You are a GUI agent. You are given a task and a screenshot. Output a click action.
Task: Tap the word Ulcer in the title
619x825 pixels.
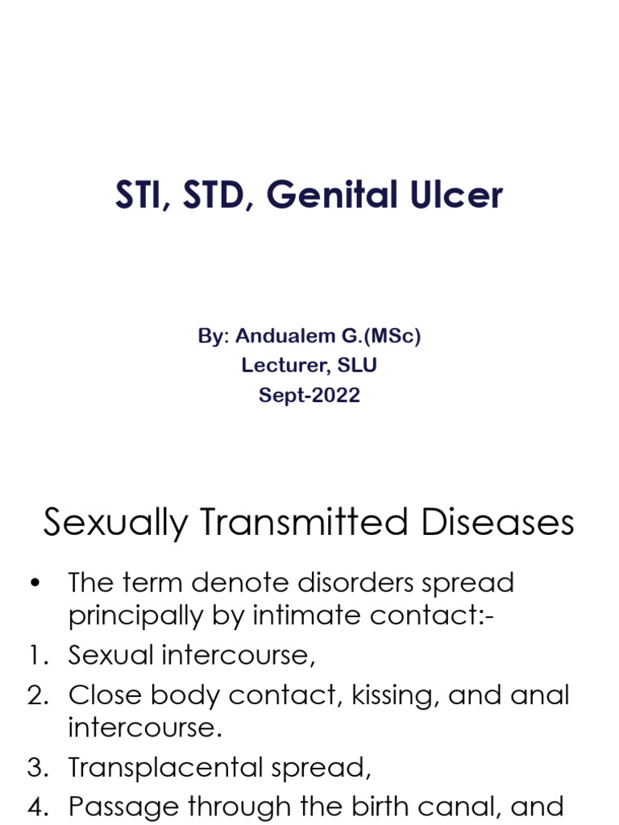point(456,196)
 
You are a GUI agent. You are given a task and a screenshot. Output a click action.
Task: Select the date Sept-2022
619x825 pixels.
point(309,395)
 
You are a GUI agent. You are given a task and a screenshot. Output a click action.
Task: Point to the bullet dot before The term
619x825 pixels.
point(34,582)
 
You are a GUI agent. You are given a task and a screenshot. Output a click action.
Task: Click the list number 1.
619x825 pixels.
point(37,655)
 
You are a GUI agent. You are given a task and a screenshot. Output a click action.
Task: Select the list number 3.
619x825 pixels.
point(37,767)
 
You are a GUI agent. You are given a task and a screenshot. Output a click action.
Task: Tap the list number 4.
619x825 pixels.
point(37,806)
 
